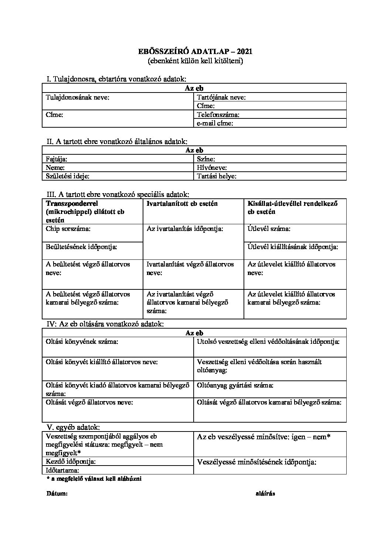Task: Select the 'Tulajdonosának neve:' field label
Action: (x=77, y=97)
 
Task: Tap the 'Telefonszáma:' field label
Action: (x=218, y=115)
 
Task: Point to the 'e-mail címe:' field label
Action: (x=215, y=123)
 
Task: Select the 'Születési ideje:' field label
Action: (x=67, y=176)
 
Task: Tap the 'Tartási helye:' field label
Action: (x=217, y=176)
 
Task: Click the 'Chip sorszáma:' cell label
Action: (x=68, y=229)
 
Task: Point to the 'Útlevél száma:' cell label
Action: (x=269, y=229)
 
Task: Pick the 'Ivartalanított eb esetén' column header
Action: (x=182, y=204)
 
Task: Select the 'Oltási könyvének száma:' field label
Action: (x=82, y=342)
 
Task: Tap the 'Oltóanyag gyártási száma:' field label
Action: (x=235, y=385)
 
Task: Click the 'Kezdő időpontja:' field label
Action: (x=71, y=461)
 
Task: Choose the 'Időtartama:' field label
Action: (x=62, y=470)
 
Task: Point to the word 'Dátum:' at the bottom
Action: (x=57, y=494)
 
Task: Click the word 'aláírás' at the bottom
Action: (x=265, y=494)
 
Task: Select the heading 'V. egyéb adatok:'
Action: (x=72, y=427)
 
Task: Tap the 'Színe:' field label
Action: (x=206, y=159)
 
